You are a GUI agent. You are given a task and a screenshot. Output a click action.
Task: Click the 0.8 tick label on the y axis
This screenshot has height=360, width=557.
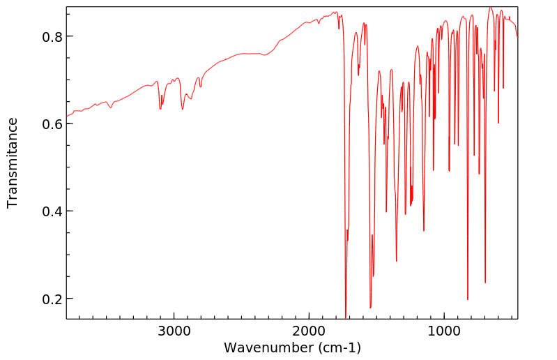click(42, 36)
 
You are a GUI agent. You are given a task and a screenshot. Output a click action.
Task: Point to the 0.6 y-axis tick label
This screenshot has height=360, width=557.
click(42, 123)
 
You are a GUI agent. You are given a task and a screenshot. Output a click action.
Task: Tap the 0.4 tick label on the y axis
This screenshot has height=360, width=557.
click(42, 211)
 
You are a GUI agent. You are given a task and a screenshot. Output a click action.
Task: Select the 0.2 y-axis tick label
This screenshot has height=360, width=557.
click(42, 299)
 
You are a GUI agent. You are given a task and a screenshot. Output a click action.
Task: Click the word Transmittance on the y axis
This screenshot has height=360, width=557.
click(13, 163)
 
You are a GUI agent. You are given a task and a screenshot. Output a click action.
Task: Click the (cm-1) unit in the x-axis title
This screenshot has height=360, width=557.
click(339, 347)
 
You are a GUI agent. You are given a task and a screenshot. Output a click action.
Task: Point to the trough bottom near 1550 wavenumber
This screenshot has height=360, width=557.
click(370, 308)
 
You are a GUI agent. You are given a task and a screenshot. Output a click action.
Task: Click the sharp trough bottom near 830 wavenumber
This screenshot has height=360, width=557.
click(468, 299)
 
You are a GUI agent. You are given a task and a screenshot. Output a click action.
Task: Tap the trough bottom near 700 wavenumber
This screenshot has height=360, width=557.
click(485, 283)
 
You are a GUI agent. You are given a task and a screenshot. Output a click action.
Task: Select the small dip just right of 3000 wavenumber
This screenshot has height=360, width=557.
click(183, 109)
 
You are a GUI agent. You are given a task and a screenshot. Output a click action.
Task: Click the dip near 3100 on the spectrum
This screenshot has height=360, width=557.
click(160, 109)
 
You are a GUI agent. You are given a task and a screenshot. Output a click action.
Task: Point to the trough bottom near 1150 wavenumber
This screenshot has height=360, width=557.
click(424, 230)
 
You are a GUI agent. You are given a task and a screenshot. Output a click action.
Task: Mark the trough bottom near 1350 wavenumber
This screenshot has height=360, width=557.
click(397, 261)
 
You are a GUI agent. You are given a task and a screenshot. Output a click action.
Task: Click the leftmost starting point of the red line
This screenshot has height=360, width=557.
click(67, 116)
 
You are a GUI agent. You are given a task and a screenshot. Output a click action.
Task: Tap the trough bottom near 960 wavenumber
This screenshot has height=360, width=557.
click(450, 171)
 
